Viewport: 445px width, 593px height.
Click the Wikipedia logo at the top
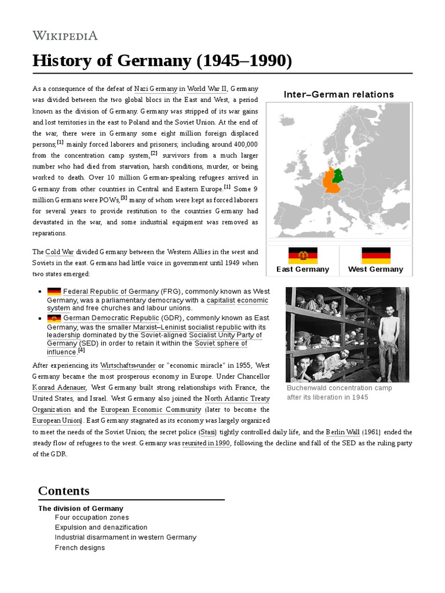point(65,35)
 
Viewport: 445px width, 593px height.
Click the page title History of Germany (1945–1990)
point(162,60)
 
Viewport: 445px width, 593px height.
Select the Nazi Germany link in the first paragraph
point(155,89)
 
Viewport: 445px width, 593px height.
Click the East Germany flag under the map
point(302,255)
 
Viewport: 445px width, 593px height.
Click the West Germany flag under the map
point(375,255)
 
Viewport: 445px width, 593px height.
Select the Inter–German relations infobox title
point(338,94)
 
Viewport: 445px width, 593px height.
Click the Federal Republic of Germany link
point(110,291)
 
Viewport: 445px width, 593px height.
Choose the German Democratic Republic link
point(111,318)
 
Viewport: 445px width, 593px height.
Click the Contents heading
point(64,491)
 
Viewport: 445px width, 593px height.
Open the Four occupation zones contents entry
point(92,517)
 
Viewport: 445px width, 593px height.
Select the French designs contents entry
point(79,547)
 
